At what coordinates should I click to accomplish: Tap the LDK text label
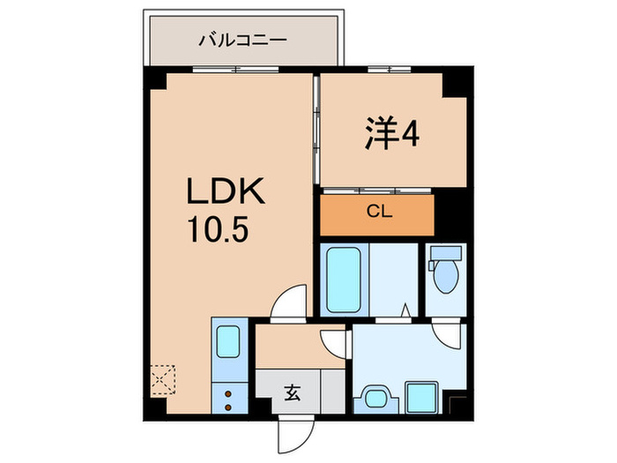coord(222,193)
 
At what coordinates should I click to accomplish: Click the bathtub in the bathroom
coord(342,280)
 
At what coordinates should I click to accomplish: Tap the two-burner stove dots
coord(229,398)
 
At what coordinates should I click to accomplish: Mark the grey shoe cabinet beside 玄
coord(332,389)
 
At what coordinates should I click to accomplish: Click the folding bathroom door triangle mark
coord(404,310)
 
